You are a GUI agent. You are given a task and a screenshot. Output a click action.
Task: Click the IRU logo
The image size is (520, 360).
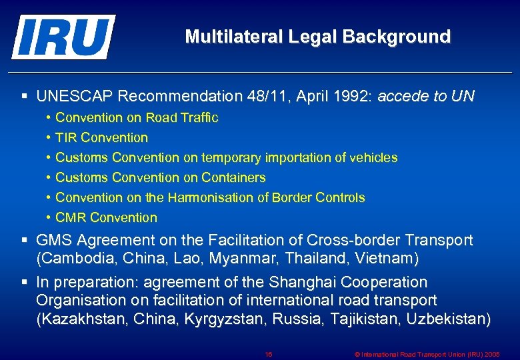click(x=63, y=37)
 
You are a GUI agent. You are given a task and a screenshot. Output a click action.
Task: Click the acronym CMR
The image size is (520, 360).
click(x=71, y=218)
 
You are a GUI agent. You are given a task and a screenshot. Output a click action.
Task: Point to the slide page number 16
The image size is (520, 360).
click(x=268, y=355)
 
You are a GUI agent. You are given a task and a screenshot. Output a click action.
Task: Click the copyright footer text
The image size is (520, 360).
click(x=427, y=355)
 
